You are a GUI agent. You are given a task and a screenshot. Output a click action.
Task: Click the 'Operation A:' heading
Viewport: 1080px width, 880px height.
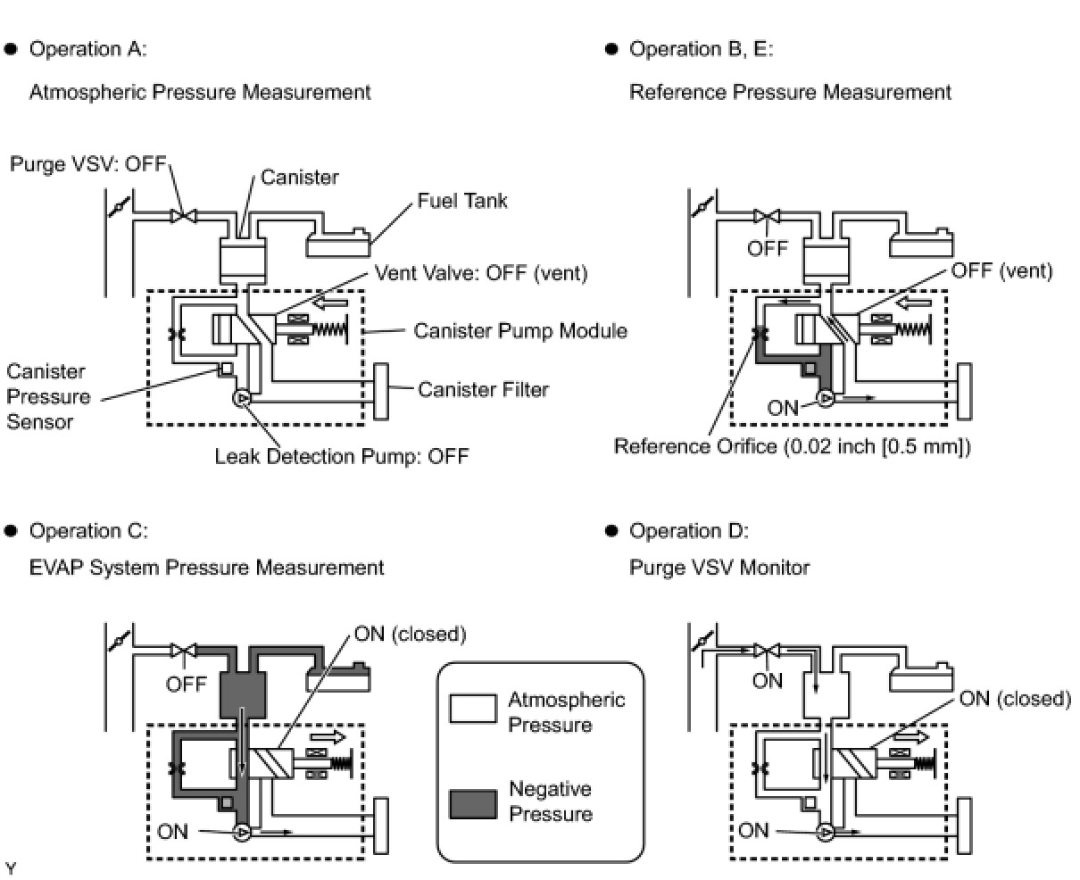click(x=87, y=49)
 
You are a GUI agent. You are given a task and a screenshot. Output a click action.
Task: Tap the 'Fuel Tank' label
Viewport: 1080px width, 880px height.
click(x=462, y=201)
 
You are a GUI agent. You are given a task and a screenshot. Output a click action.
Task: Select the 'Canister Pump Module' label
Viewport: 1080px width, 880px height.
click(x=519, y=331)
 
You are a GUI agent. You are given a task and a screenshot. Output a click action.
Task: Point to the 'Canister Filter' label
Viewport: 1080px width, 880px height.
click(x=483, y=389)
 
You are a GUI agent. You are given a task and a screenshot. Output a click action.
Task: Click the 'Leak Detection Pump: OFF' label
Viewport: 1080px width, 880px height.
click(x=341, y=457)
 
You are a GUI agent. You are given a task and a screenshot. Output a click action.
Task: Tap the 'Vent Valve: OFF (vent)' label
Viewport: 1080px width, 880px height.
click(x=480, y=273)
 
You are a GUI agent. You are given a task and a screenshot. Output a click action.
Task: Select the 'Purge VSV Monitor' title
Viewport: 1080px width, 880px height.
click(x=719, y=568)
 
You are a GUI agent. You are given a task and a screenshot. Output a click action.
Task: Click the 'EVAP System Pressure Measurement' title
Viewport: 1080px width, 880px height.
click(x=206, y=568)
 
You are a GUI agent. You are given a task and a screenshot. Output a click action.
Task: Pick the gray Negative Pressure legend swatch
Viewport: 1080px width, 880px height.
click(x=473, y=801)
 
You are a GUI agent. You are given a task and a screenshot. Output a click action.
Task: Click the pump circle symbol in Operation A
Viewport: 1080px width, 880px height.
click(x=241, y=399)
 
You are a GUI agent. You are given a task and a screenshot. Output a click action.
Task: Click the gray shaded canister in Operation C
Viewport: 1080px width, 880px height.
click(x=244, y=694)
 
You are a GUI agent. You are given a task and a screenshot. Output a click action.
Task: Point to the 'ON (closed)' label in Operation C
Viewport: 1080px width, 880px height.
click(x=410, y=635)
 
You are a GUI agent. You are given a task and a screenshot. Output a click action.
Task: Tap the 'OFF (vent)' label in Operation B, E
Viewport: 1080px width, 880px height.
click(x=1001, y=270)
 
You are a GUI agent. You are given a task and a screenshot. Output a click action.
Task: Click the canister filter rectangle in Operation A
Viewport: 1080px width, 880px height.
click(x=382, y=391)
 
